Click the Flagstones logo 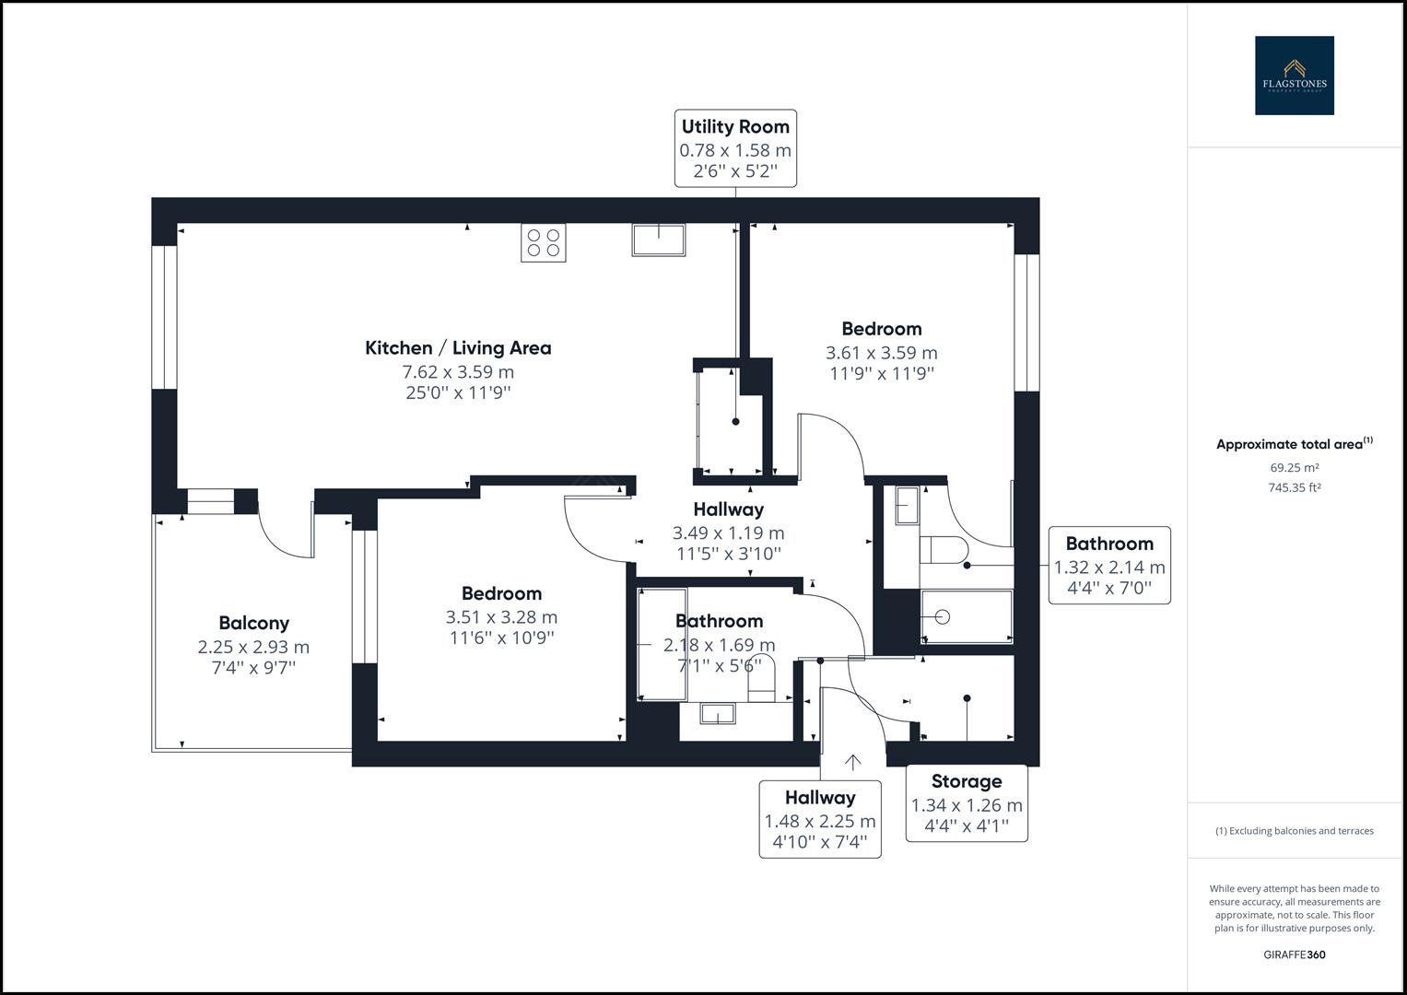click(1294, 76)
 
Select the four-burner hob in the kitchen click(543, 242)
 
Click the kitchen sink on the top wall click(659, 240)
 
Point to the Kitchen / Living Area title click(458, 348)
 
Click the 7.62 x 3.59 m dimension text click(458, 372)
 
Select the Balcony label click(253, 624)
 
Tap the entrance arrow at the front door click(853, 762)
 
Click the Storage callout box click(967, 802)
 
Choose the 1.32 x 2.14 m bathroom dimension click(1109, 568)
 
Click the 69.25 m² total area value click(1294, 468)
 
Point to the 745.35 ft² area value click(1294, 488)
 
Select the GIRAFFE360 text click(1294, 954)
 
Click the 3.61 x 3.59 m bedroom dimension click(881, 353)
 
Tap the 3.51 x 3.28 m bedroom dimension click(501, 617)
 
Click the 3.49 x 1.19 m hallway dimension click(728, 533)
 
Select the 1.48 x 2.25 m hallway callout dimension click(820, 821)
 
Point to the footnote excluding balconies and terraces click(1294, 831)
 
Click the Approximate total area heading click(1294, 444)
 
